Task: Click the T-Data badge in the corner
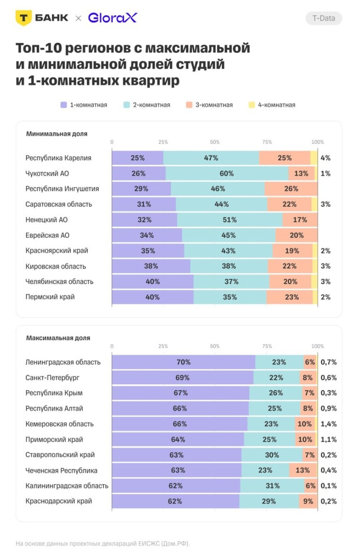[324, 18]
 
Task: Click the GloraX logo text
[113, 18]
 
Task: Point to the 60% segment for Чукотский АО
[227, 173]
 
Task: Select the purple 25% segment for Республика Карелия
[138, 158]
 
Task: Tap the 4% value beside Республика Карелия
[326, 158]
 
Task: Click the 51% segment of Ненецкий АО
[230, 220]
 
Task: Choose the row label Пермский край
[50, 297]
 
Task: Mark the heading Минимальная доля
[56, 134]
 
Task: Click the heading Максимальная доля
[58, 338]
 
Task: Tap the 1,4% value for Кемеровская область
[328, 424]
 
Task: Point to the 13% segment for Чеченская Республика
[302, 470]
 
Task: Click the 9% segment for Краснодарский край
[308, 501]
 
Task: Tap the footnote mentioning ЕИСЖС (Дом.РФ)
[103, 543]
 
